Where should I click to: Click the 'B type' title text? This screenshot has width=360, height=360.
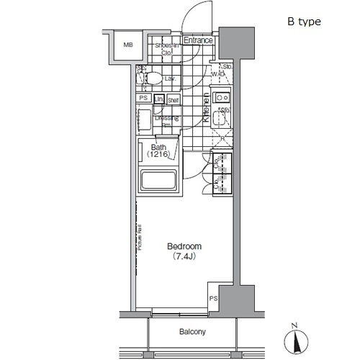click(305, 22)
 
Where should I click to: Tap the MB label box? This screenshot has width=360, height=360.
click(128, 45)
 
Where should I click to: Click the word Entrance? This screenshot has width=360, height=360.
click(197, 40)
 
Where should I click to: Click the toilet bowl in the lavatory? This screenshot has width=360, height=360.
click(153, 78)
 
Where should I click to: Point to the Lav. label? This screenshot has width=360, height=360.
click(171, 78)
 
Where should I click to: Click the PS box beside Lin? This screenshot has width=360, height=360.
click(143, 99)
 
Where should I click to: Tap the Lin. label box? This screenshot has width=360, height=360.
click(160, 99)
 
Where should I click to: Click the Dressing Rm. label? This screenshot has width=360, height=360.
click(166, 121)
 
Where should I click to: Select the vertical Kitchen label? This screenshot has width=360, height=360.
click(205, 109)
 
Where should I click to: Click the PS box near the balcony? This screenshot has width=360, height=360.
click(213, 298)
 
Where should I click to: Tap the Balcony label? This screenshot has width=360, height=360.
click(193, 332)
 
